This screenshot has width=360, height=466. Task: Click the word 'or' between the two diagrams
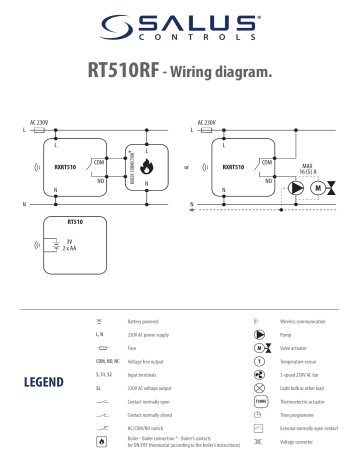pyautogui.click(x=187, y=169)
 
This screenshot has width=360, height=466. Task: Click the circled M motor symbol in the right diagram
pyautogui.click(x=318, y=186)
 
